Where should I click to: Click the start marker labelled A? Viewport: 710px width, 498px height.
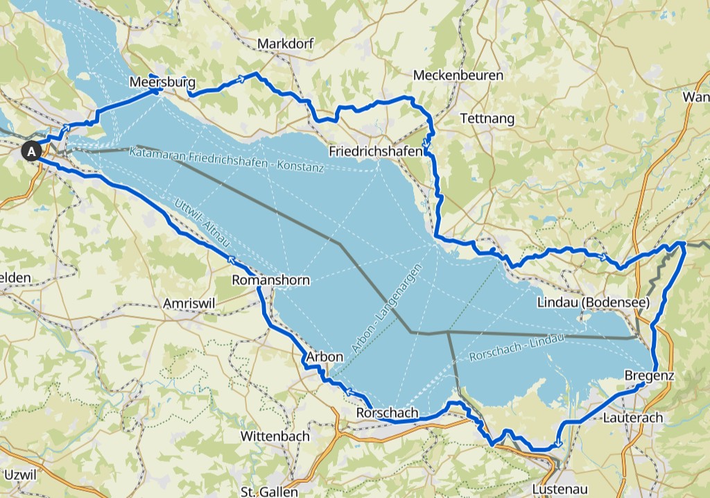coord(31,150)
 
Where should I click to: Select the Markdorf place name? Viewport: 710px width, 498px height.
coord(285,44)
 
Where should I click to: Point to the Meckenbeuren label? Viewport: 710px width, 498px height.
coord(458,75)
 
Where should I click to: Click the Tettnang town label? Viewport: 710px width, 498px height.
coord(487,119)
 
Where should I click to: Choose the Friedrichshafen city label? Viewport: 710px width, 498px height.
coord(376,151)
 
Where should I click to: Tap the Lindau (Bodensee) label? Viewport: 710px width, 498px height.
coord(593,302)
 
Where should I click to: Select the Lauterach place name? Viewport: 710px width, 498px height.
coord(633,418)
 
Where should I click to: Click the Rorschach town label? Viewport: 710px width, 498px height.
coord(387,413)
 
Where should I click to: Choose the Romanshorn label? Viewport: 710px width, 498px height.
coord(270,280)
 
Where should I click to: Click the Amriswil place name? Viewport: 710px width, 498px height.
coord(190,304)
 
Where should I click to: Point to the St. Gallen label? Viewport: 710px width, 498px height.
coord(269,491)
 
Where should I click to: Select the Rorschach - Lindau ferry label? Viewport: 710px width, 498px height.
coord(517,347)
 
